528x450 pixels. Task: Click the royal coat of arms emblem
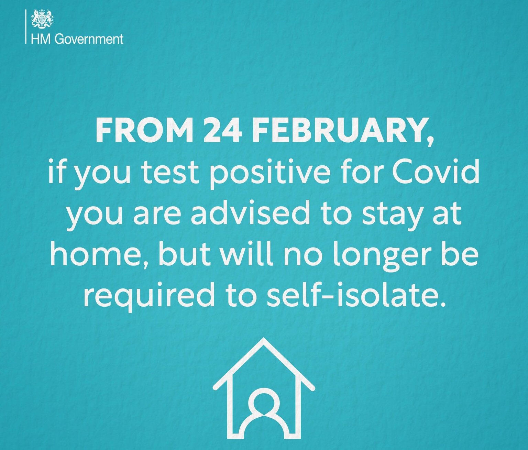(42, 18)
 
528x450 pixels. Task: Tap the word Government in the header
(89, 40)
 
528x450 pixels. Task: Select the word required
(149, 297)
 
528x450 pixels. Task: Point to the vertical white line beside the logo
(26, 26)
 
